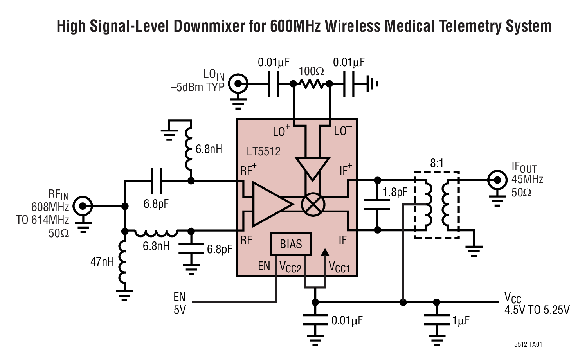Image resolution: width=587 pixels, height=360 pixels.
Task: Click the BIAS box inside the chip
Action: click(x=291, y=244)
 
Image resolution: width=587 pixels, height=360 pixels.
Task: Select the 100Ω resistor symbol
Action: click(x=312, y=83)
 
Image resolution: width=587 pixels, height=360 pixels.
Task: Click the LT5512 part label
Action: click(x=263, y=151)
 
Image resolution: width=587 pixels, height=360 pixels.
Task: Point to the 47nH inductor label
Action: click(x=102, y=262)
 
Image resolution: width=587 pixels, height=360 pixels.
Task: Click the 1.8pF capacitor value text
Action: click(x=395, y=192)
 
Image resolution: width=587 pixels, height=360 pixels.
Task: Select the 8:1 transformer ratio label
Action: click(x=437, y=163)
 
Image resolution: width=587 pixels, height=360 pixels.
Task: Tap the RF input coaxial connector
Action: click(x=83, y=206)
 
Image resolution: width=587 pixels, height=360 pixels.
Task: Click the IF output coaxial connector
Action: click(x=497, y=180)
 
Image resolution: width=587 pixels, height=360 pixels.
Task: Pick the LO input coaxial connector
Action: click(x=238, y=84)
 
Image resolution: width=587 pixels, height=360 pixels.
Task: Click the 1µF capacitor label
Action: click(x=461, y=321)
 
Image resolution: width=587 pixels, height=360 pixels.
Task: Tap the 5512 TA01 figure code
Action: click(x=528, y=344)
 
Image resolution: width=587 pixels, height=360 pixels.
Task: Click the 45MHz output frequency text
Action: click(x=527, y=180)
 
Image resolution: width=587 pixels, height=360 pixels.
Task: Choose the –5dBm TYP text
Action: click(x=198, y=87)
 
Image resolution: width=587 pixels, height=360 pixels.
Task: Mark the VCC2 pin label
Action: click(x=290, y=267)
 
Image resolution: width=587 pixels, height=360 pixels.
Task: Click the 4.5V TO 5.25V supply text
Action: click(x=537, y=310)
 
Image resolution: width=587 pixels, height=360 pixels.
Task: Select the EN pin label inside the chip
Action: click(x=264, y=266)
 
